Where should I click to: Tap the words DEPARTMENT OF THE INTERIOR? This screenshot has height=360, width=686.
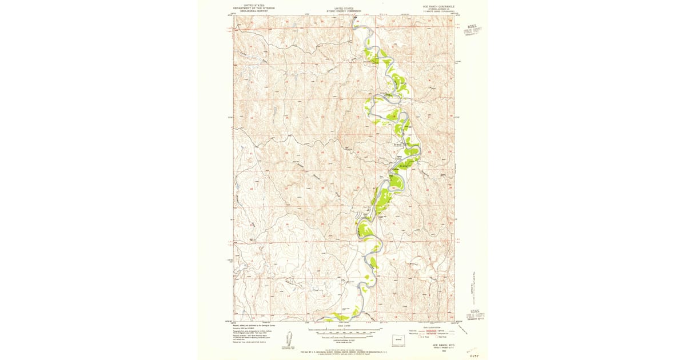coord(250,8)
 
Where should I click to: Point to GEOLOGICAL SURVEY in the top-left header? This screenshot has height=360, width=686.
coord(250,11)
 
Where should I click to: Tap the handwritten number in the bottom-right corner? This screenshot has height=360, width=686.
coord(473,355)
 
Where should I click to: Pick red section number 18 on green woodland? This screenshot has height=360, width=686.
coord(394,117)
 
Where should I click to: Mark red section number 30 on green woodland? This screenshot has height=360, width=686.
coord(393,187)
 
